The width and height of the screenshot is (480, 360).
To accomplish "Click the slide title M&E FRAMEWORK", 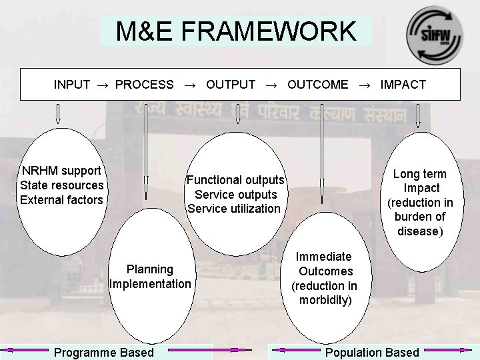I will [x=236, y=31].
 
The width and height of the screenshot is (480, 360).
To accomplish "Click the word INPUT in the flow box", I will [x=72, y=85].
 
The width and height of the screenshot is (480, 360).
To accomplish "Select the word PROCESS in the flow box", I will [x=144, y=85].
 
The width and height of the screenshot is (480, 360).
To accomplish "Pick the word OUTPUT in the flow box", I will [x=231, y=85].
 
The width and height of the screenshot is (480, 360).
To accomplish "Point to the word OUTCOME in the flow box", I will [x=317, y=85].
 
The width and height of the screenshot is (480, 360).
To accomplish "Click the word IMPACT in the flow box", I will [x=403, y=85].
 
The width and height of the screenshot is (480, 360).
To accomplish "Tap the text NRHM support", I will [x=61, y=171].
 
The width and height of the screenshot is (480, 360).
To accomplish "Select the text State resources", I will [x=62, y=185].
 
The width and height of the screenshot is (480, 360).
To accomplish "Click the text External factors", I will [x=62, y=200].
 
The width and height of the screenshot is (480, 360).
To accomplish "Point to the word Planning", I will [x=150, y=269].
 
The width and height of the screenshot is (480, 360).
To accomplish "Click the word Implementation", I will [x=150, y=284].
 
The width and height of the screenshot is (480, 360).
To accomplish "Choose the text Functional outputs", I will [x=235, y=180].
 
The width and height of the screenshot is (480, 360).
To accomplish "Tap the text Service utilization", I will [x=234, y=209].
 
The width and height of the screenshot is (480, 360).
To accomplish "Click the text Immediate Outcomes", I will [x=324, y=264].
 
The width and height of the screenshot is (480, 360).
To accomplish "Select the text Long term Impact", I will [x=420, y=181].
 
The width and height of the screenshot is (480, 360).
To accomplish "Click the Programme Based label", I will [x=104, y=353].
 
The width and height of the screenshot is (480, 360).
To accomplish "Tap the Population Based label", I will [x=372, y=353].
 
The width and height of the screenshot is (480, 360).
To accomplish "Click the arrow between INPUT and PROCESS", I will [x=103, y=85].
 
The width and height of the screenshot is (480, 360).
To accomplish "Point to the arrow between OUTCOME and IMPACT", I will [x=364, y=85].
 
